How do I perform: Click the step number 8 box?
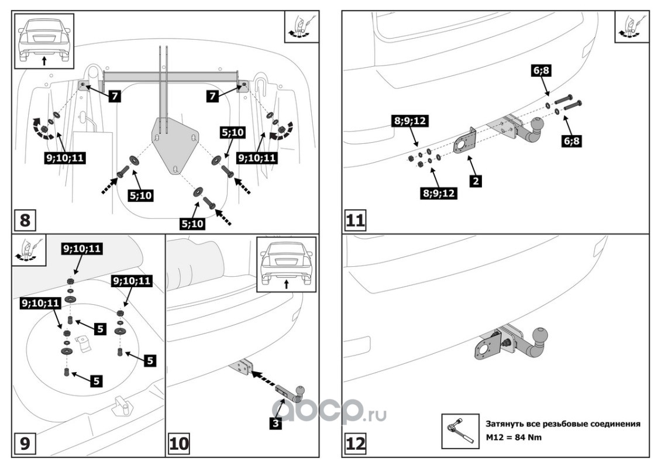click(x=25, y=221)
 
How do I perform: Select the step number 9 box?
click(x=24, y=444)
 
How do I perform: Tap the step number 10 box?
click(x=178, y=444)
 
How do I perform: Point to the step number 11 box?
click(x=355, y=221)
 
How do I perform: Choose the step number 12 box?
click(x=355, y=444)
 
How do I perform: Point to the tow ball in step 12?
click(x=541, y=338)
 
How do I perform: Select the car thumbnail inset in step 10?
click(x=286, y=263)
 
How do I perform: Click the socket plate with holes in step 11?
click(x=465, y=142)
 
